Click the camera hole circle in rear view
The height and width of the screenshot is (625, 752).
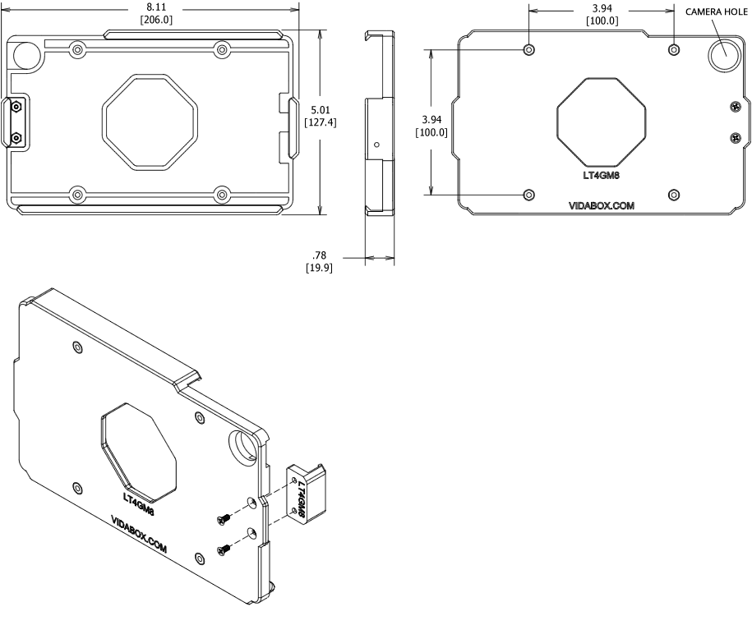pyautogui.click(x=724, y=54)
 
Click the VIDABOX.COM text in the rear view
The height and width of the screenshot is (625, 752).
pyautogui.click(x=602, y=206)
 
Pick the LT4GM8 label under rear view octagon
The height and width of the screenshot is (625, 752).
pyautogui.click(x=602, y=173)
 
